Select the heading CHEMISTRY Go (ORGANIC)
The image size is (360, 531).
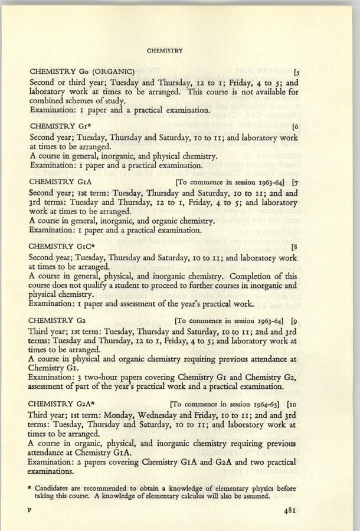[83, 72]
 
